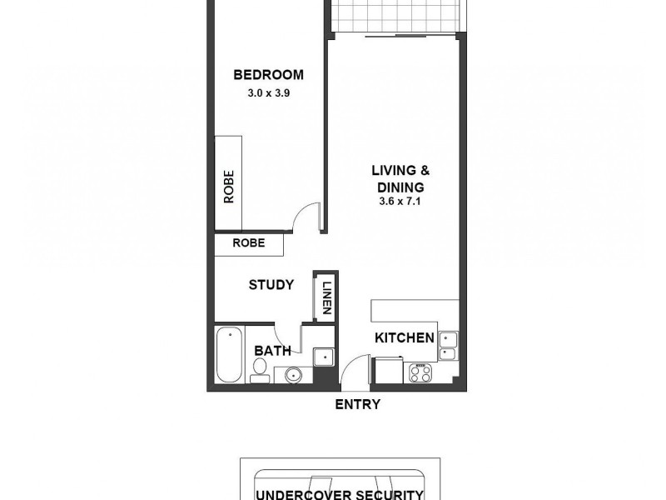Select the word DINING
(400, 187)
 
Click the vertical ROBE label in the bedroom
(228, 187)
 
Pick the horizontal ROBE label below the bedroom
(249, 243)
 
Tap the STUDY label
(271, 285)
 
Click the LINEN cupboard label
(326, 296)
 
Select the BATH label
(272, 352)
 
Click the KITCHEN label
(405, 337)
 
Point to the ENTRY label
(357, 405)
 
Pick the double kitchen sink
(448, 345)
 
